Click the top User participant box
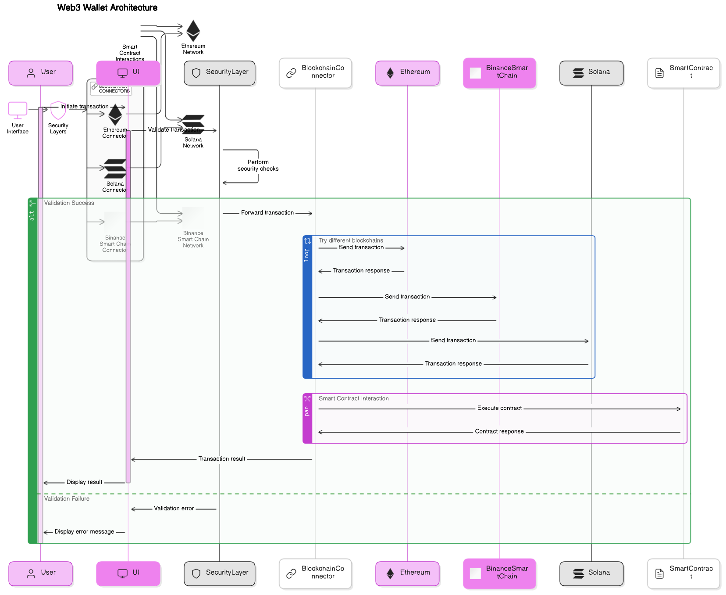pos(41,73)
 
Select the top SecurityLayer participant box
pos(220,73)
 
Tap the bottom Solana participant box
pos(591,573)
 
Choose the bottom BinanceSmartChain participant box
pos(499,573)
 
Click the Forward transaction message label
pos(267,213)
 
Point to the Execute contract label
pos(499,409)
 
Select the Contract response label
pos(499,432)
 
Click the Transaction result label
pos(222,459)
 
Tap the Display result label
pos(84,482)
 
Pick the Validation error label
pos(174,509)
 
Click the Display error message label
pos(84,532)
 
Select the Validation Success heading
pos(69,203)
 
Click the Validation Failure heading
pos(67,499)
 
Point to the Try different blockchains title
pos(351,240)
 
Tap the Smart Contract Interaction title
pos(353,398)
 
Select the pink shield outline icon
pos(58,110)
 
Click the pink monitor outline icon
pos(18,110)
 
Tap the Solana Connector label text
pos(115,187)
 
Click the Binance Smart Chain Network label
pos(193,240)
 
